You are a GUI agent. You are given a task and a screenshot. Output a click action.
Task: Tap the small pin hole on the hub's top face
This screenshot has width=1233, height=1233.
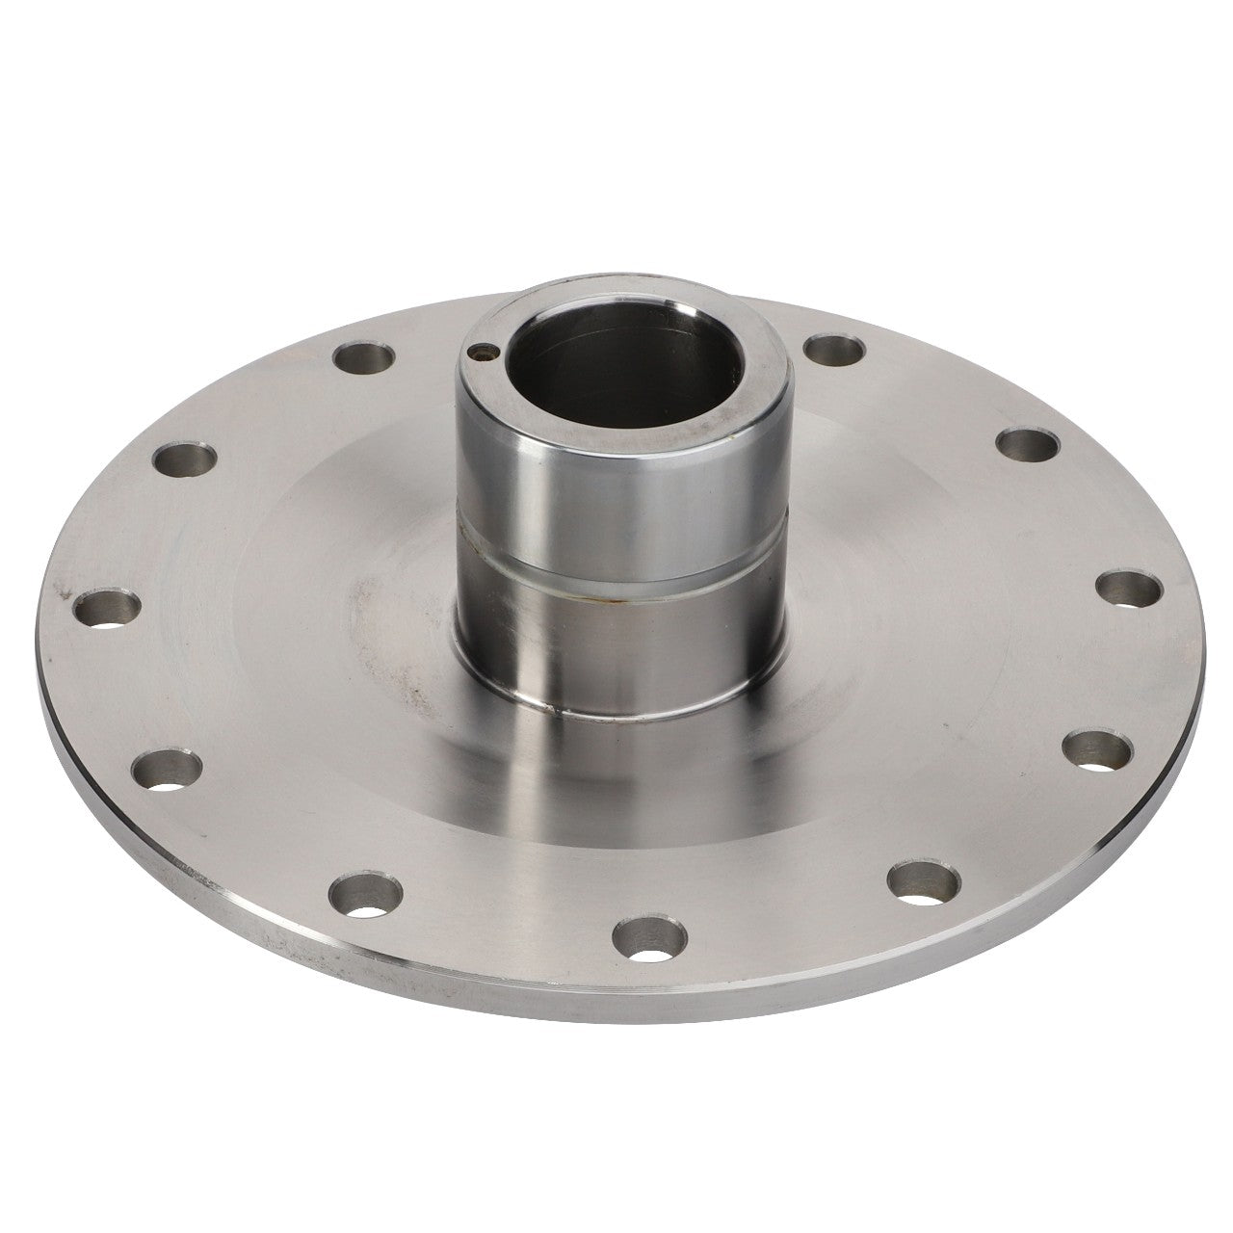(x=481, y=354)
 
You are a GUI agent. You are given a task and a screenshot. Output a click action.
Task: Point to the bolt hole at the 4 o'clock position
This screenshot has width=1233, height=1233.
(x=1096, y=748)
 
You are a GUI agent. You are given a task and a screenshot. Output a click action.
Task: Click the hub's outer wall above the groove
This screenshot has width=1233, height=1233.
(x=616, y=491)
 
